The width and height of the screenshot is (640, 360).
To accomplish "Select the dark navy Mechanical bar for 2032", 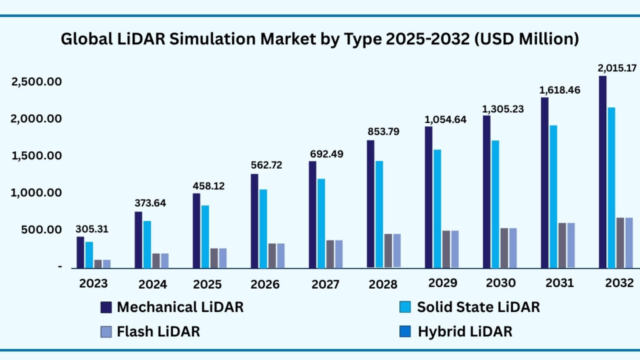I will click(602, 172).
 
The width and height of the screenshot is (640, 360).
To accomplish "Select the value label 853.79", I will click(383, 132).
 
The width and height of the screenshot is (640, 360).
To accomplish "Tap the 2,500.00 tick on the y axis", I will click(36, 82).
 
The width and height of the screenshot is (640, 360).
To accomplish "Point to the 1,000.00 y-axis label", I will click(36, 193).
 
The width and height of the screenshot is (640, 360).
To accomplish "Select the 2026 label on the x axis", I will click(265, 284).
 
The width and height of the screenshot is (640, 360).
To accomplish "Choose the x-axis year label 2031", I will click(559, 283).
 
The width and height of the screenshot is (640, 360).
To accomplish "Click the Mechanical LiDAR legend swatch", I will click(106, 307).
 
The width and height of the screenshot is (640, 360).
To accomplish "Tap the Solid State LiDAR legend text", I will click(478, 307).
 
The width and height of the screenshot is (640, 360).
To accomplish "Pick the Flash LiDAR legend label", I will click(158, 331).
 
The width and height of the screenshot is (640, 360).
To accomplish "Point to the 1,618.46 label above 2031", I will click(561, 90).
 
